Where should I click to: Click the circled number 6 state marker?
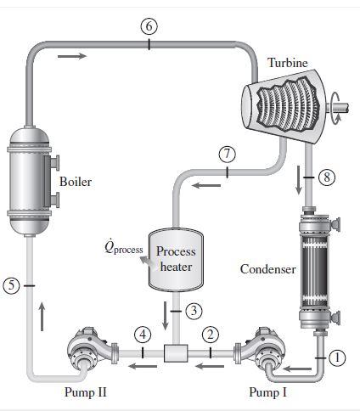point(149,25)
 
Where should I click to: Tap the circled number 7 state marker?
point(226,154)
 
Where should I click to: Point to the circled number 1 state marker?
point(338,359)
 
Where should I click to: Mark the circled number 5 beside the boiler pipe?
point(11,286)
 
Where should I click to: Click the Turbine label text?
point(288,63)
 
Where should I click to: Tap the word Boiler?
point(76,182)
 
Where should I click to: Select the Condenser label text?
point(267,269)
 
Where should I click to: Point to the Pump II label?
point(86,392)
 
